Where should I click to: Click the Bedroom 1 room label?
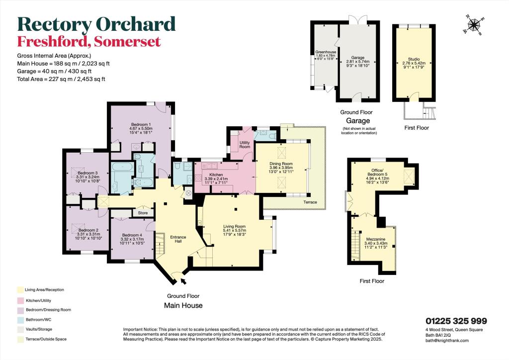point(141,124)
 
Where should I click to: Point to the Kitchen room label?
point(216,175)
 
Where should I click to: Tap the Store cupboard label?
point(143,213)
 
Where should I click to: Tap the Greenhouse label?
point(325,52)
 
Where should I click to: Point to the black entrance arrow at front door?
point(184,282)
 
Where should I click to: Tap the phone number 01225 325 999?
point(456,321)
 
